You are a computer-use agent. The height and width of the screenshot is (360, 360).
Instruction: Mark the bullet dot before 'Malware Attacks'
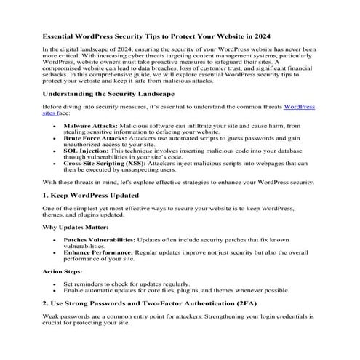click(55, 126)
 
